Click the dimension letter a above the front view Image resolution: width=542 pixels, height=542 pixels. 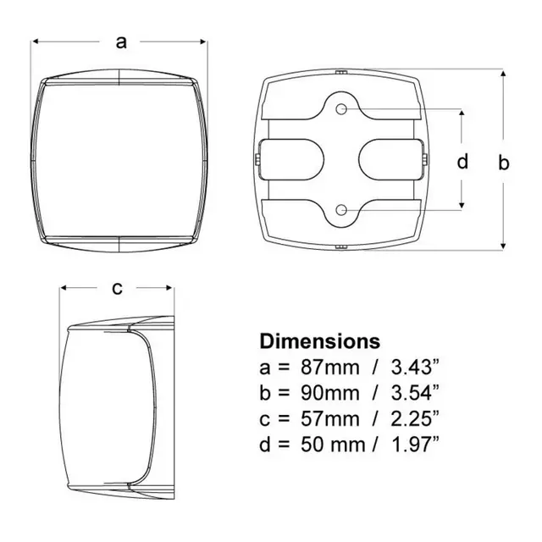pyautogui.click(x=121, y=42)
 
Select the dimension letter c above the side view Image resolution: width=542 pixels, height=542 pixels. pyautogui.click(x=118, y=288)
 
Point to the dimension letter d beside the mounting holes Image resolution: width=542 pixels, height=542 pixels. pyautogui.click(x=462, y=161)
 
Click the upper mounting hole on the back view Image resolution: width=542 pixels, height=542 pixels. pyautogui.click(x=341, y=109)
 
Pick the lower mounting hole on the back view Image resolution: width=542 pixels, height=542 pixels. pyautogui.click(x=341, y=210)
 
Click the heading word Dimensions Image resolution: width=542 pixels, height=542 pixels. pyautogui.click(x=320, y=341)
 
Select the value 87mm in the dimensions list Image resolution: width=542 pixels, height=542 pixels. pyautogui.click(x=329, y=368)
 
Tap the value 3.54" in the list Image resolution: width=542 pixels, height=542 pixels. pyautogui.click(x=415, y=393)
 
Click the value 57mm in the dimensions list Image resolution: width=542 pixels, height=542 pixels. pyautogui.click(x=329, y=419)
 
